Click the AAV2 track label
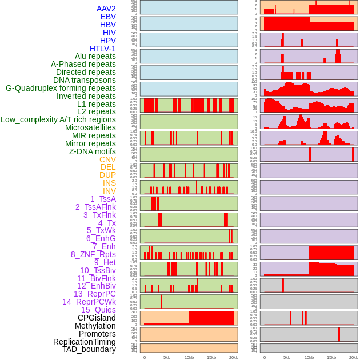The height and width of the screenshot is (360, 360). tap(106, 9)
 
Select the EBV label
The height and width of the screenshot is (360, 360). tap(108, 17)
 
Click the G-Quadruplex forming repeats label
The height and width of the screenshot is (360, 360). tap(61, 88)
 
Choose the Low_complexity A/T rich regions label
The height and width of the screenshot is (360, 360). tap(58, 119)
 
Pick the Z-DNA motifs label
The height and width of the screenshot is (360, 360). tap(93, 151)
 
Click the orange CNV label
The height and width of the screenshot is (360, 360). tap(107, 159)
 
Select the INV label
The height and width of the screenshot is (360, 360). tap(109, 191)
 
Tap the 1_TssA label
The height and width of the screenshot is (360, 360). tap(103, 199)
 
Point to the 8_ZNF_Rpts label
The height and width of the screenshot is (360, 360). tap(93, 254)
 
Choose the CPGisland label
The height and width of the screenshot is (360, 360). tap(97, 318)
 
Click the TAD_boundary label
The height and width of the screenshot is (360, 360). tap(89, 349)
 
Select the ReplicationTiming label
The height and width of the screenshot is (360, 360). tap(84, 342)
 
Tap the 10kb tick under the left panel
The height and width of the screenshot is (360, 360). tap(189, 357)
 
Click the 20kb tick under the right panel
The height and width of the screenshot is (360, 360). tap(354, 357)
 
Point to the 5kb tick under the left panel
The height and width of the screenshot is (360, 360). tap(167, 357)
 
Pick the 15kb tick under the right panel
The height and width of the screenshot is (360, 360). tap(331, 357)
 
